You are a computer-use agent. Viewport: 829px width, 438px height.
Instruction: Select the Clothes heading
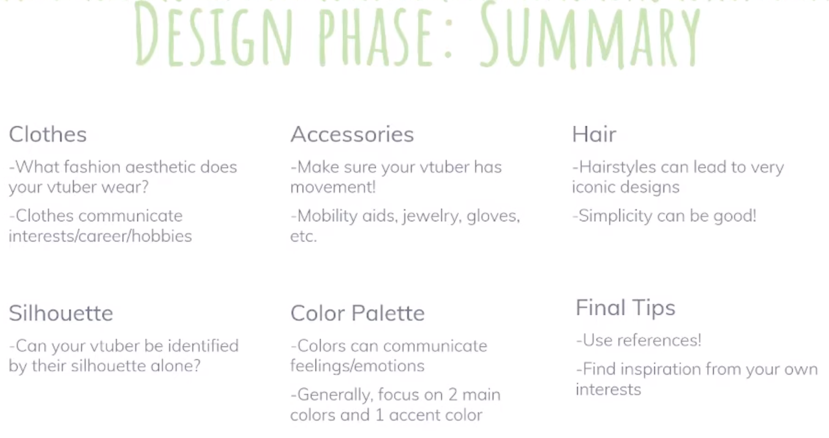[x=48, y=135]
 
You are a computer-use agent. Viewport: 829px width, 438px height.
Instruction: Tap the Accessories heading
[x=352, y=135]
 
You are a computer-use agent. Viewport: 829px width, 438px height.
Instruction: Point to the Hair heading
[x=594, y=135]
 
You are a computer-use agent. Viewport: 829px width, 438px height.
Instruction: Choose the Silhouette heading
[x=61, y=313]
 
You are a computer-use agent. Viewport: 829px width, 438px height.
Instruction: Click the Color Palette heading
[x=358, y=313]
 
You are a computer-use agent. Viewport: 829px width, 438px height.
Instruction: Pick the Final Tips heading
[x=625, y=308]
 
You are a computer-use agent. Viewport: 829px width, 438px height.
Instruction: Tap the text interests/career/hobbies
[x=100, y=236]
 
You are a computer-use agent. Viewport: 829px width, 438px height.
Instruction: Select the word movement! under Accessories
[x=333, y=187]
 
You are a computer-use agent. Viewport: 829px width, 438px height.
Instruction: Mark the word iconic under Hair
[x=591, y=187]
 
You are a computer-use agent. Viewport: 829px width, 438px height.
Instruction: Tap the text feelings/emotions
[x=357, y=366]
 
